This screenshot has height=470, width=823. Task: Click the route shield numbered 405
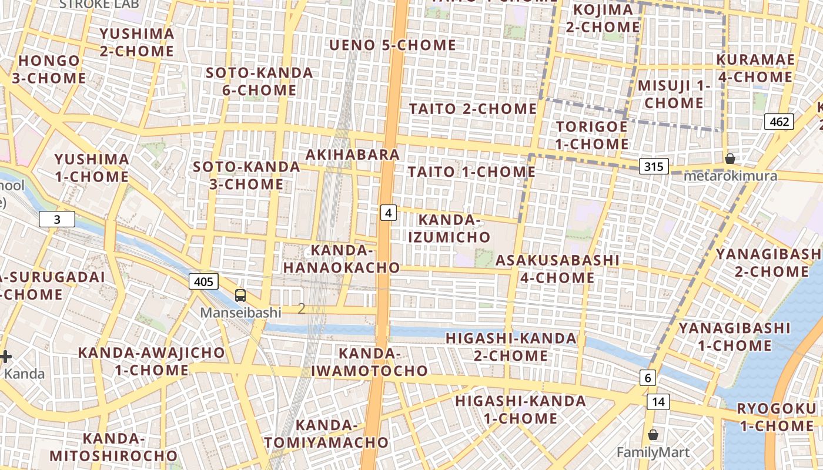pos(203,281)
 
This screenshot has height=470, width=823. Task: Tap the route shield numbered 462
pos(779,122)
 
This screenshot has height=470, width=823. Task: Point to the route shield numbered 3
pos(57,220)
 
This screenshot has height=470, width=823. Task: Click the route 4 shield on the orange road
pos(388,212)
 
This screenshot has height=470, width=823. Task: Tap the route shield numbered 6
pos(647,378)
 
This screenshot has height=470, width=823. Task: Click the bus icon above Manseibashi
pos(240,295)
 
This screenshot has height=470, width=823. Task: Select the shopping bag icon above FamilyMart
pos(653,435)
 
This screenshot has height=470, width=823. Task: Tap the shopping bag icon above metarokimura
pos(730,159)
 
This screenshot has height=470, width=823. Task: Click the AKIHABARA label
pos(353,155)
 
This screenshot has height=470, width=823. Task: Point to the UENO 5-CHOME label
pos(393,45)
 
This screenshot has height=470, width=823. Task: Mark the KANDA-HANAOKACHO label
pos(342,259)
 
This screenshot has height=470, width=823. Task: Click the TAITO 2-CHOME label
pos(473,109)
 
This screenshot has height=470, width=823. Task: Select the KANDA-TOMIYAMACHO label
pos(326,434)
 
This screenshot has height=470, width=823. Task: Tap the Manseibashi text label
pos(240,313)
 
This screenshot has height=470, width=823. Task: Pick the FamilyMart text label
pos(653,452)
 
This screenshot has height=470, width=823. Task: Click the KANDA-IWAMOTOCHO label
pos(369,362)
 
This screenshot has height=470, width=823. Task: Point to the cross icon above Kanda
pos(5,357)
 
